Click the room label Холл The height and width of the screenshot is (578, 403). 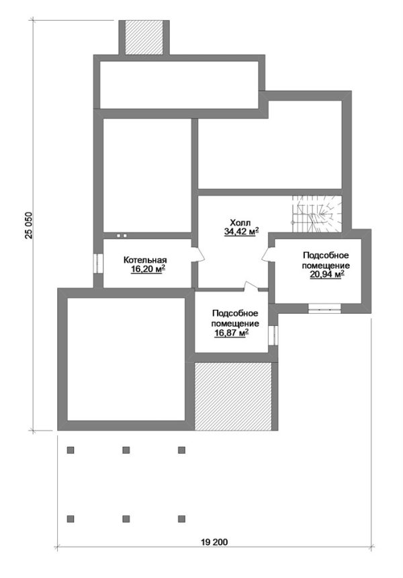click(x=240, y=222)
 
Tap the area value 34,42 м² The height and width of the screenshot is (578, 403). click(x=241, y=231)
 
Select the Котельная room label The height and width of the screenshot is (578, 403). click(x=145, y=260)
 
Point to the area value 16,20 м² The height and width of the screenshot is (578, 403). click(x=148, y=270)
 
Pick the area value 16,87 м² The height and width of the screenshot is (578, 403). click(x=231, y=333)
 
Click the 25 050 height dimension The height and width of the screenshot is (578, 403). click(x=29, y=225)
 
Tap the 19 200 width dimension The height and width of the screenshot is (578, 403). click(x=214, y=542)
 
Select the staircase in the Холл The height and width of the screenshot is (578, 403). click(x=317, y=214)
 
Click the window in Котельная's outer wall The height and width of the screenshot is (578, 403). click(x=98, y=263)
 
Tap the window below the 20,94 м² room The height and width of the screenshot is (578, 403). click(x=324, y=308)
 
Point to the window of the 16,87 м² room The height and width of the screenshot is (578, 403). click(x=273, y=335)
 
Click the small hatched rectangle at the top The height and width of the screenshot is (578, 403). click(x=144, y=38)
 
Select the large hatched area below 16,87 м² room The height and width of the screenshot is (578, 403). click(x=233, y=397)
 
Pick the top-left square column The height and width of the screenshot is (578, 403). click(x=71, y=450)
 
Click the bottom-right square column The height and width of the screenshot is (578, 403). click(x=181, y=519)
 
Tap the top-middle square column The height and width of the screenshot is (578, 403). click(x=126, y=450)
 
